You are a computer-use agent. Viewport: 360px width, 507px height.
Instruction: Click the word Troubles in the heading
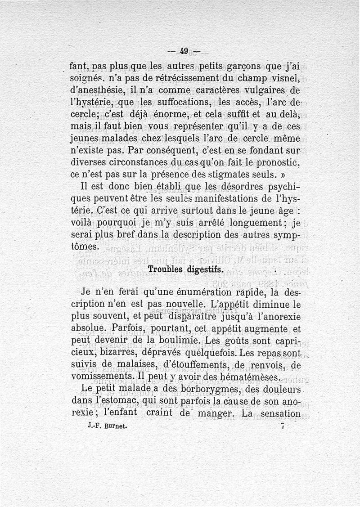(x=165, y=269)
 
